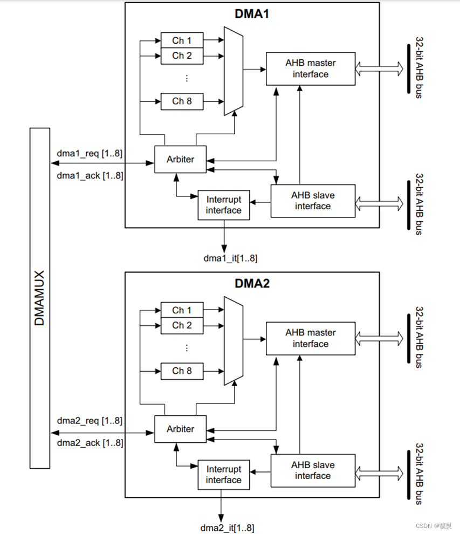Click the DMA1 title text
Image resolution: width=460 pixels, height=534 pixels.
click(x=251, y=14)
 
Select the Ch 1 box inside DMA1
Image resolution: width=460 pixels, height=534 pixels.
click(x=182, y=40)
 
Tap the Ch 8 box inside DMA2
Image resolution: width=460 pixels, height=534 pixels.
click(x=182, y=371)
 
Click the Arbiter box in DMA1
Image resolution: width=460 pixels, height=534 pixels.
click(x=180, y=159)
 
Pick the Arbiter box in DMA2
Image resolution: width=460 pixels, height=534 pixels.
click(x=180, y=429)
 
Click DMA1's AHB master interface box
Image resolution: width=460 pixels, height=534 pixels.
click(x=311, y=69)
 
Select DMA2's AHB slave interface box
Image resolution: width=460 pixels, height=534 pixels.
click(x=313, y=470)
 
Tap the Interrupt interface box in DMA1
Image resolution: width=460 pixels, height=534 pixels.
click(x=224, y=205)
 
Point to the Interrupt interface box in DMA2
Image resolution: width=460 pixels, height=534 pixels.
click(x=224, y=475)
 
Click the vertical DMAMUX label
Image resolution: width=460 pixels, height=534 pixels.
click(x=39, y=298)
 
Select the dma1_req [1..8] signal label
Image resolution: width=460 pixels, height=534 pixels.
click(x=90, y=154)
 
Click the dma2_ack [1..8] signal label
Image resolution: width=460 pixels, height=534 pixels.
click(x=90, y=443)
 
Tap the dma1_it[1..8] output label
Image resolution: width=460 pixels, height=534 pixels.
click(x=230, y=258)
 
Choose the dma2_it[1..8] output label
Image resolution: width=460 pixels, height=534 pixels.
click(x=227, y=528)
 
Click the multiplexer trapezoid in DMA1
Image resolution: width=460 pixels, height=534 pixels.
click(x=234, y=71)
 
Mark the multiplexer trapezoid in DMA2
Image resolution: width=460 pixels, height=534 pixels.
click(x=234, y=340)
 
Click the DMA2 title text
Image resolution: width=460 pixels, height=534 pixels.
click(x=251, y=284)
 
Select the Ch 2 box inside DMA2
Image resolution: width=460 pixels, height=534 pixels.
click(x=182, y=325)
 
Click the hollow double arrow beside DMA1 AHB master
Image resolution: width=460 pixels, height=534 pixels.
click(x=380, y=68)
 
